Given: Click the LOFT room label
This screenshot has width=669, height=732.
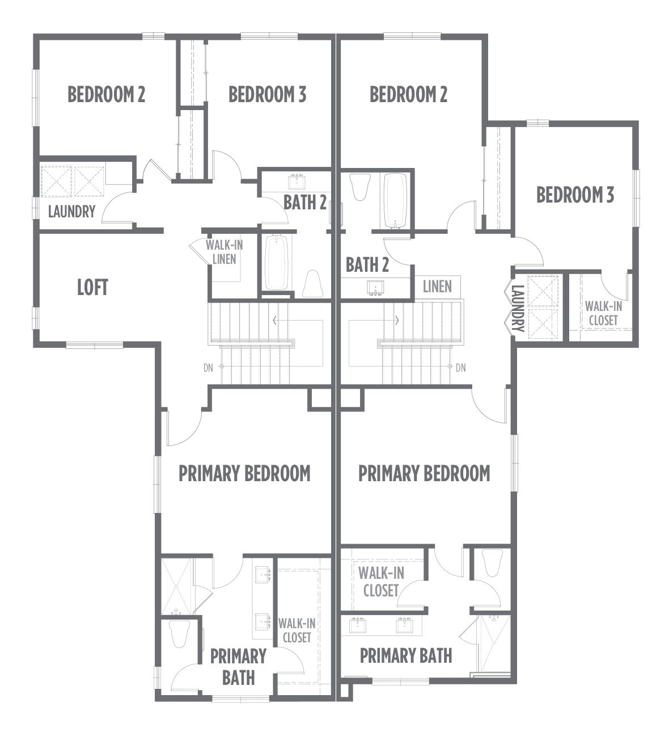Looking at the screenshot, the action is point(92,287).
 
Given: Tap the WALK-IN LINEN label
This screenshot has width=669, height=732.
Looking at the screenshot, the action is point(224,252).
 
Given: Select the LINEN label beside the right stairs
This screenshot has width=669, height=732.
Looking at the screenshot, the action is point(437,287).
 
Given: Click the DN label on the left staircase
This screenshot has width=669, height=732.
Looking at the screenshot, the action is point(208,368).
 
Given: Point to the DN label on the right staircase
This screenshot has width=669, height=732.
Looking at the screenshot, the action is point(461,368).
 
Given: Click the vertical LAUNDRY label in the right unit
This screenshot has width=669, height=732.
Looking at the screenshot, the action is point(518,308).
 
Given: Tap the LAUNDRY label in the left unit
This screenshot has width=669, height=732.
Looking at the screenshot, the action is point(72,212).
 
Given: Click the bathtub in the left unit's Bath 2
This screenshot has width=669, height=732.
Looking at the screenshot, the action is point(277,262).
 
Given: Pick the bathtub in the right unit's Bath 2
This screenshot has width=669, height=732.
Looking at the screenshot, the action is point(396,200).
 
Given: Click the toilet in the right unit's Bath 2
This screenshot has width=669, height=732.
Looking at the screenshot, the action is point(360,187).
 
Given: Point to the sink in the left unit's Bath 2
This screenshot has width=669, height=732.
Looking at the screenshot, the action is point(297,182).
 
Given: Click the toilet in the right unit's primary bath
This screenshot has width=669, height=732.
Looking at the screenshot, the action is point(491,563).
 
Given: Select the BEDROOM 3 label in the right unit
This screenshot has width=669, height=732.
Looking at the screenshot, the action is point(575,195).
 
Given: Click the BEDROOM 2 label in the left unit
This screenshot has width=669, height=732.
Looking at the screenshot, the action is point(107,94).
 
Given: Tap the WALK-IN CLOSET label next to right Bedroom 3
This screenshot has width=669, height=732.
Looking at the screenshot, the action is point(603,313).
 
